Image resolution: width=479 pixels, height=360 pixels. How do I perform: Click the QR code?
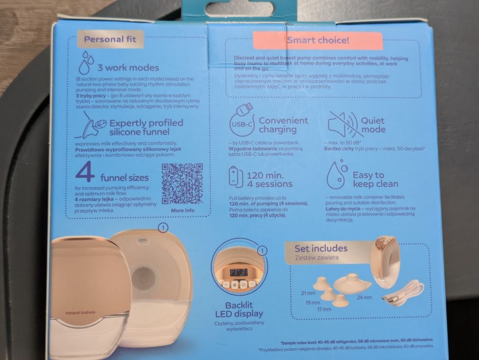point(182,184)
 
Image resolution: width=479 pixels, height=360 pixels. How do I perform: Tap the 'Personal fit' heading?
point(110,39)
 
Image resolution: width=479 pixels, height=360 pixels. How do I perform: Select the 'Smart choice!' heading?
point(318,40)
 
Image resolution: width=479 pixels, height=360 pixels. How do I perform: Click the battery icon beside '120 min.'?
point(235,176)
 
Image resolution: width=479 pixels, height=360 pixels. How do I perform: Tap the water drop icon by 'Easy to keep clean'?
point(337,176)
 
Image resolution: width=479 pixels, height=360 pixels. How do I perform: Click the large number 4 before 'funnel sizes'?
point(85,173)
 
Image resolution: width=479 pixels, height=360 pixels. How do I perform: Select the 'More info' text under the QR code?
point(182,210)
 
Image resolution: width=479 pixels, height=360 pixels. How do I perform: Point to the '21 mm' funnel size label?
point(308,293)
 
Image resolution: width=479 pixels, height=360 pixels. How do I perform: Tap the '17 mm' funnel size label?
point(324,310)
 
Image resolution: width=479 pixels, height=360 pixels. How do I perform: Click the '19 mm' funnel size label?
point(312,302)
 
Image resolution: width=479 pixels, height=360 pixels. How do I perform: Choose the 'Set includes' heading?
point(321,248)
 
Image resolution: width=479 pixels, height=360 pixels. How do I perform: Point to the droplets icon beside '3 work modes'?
point(85,63)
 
